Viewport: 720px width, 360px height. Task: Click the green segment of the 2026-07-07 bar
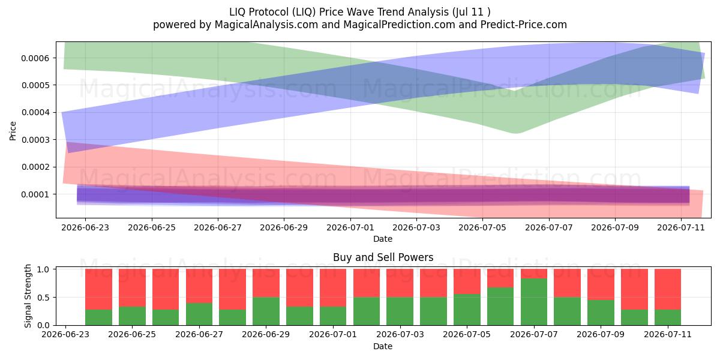534,302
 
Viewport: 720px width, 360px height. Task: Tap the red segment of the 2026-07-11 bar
668,289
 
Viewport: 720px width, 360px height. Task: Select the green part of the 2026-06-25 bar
132,316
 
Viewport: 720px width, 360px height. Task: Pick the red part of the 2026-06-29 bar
266,283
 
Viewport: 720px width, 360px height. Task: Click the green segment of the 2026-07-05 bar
467,310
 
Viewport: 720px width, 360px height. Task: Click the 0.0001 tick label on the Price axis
35,194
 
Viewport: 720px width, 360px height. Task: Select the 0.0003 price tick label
35,140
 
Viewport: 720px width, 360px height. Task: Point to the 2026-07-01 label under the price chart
350,227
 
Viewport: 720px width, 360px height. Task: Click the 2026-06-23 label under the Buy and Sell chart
65,334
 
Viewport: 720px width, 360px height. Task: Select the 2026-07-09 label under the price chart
615,227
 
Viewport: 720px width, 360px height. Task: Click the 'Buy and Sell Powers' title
383,257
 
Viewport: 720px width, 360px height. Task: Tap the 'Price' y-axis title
13,131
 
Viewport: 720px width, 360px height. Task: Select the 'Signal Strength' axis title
28,296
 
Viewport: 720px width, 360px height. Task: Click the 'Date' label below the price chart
383,239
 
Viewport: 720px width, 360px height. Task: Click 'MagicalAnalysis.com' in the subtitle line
266,25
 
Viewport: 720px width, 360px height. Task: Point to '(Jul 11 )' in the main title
471,12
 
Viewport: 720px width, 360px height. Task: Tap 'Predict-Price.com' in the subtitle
524,25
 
